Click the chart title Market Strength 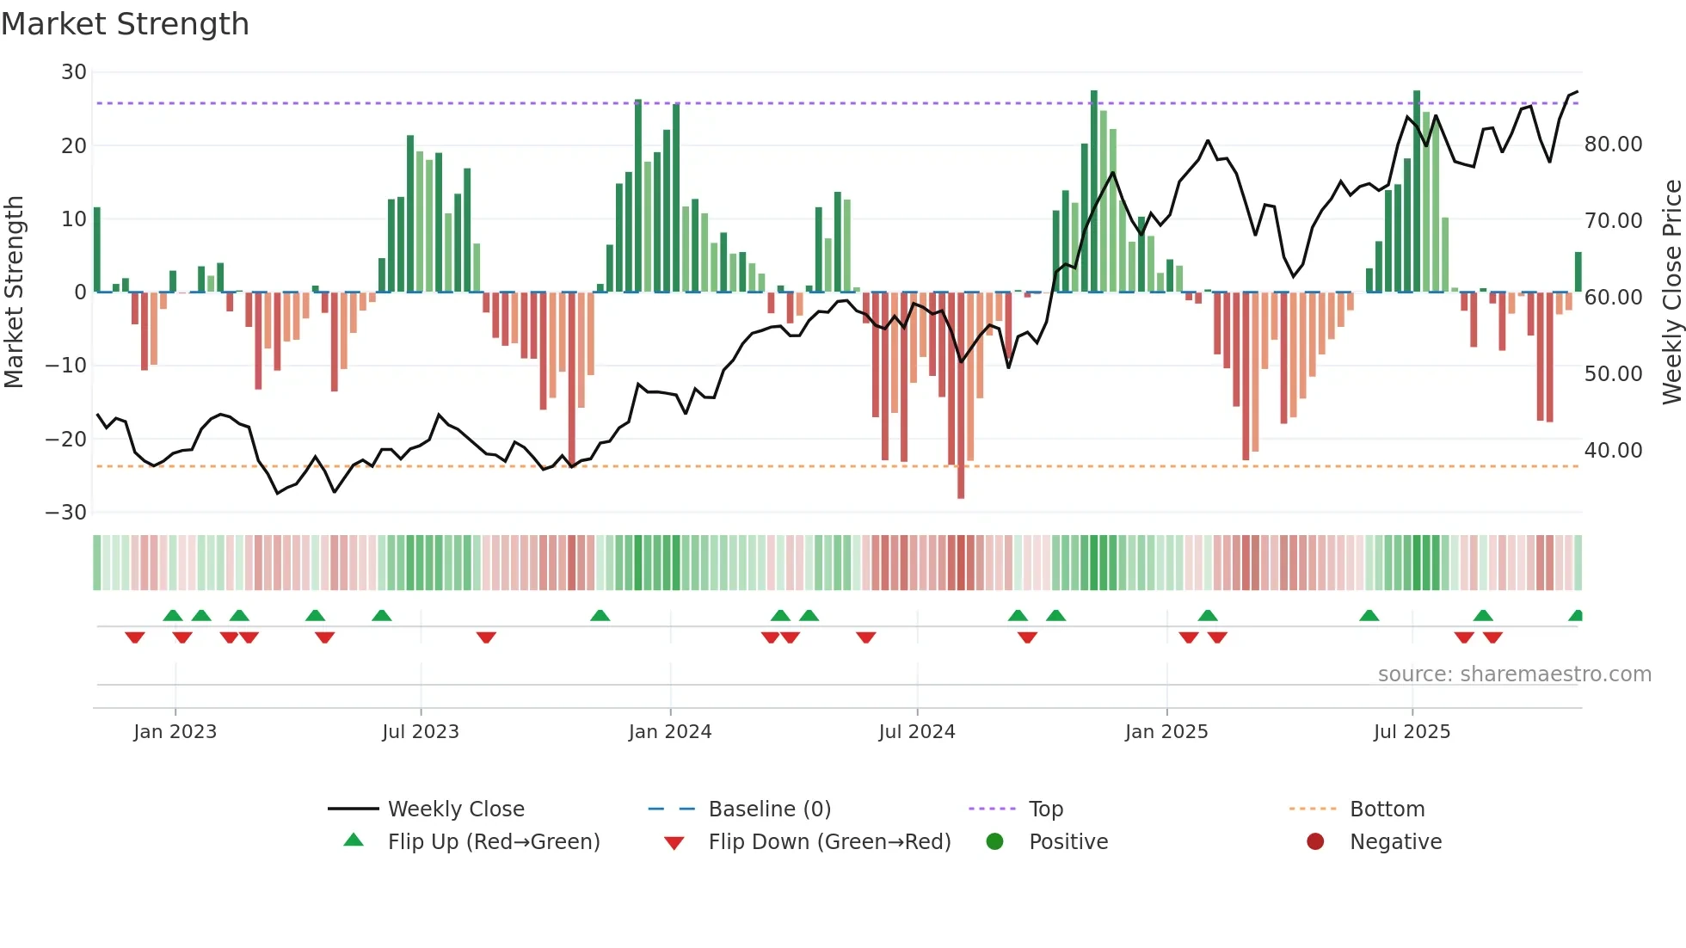pos(125,24)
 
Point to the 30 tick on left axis pos(74,72)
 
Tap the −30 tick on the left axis pos(66,513)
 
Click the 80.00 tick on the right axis pos(1613,145)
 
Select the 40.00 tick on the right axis pos(1613,451)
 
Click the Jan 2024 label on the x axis pos(669,732)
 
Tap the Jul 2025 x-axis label pos(1412,732)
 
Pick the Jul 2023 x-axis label pos(420,732)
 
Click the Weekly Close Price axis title pos(1671,292)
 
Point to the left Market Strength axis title pos(14,292)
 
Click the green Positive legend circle pos(995,842)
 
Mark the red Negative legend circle pos(1315,842)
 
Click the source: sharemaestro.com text pos(1514,674)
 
